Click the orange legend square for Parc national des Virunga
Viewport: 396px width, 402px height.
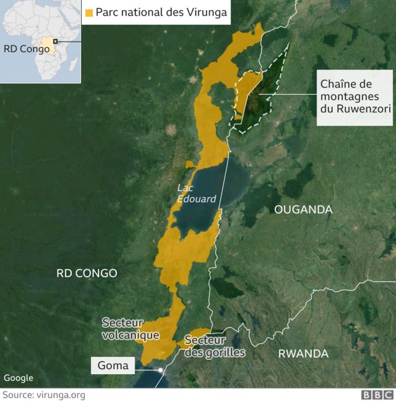89,12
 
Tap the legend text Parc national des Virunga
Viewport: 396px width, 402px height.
161,12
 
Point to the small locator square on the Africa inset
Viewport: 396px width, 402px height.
55,41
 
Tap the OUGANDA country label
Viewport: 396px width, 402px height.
303,210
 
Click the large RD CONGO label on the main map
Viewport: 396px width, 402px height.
87,273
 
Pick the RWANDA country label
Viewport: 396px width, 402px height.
303,353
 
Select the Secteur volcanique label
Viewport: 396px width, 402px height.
131,329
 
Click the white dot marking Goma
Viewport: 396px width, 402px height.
160,370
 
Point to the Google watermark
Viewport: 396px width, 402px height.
18,378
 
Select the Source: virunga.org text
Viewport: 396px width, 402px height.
43,395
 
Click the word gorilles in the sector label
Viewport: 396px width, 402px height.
222,353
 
